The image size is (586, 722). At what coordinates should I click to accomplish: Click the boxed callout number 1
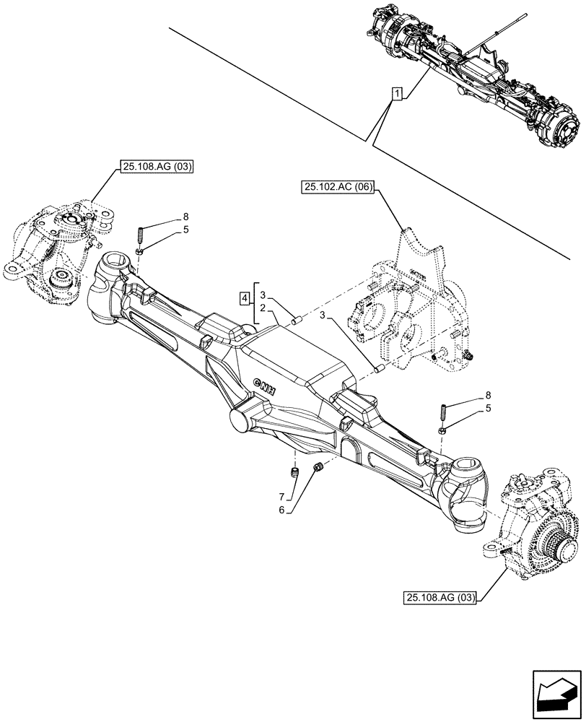click(x=396, y=93)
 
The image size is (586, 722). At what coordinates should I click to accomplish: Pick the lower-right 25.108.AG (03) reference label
click(x=439, y=596)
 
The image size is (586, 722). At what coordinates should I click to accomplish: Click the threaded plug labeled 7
click(x=294, y=473)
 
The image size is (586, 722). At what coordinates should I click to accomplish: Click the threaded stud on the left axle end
click(x=139, y=236)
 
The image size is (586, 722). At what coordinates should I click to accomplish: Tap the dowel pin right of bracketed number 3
click(x=294, y=320)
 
